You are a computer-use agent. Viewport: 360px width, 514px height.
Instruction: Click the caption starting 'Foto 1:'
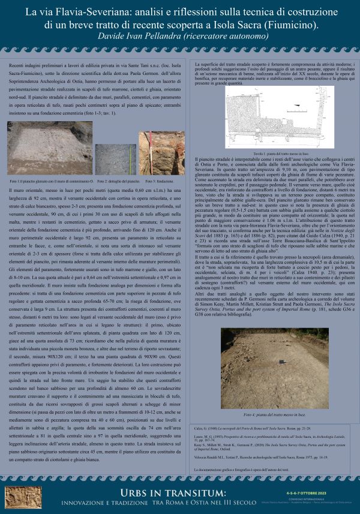(x=52, y=181)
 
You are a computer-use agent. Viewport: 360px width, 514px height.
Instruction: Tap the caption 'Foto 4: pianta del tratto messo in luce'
(x=267, y=398)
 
